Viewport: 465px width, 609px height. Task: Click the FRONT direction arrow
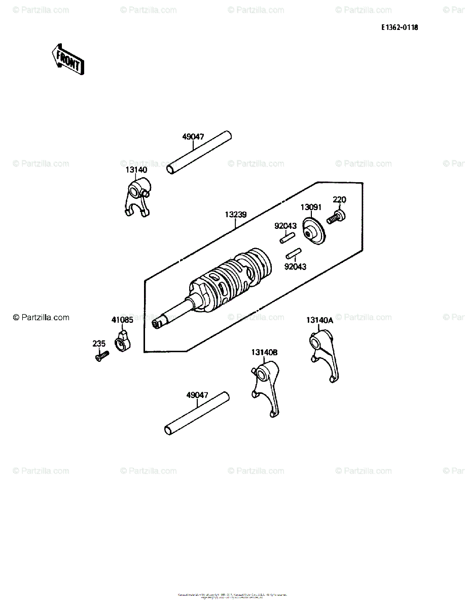point(67,59)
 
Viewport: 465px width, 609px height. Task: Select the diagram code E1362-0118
point(400,28)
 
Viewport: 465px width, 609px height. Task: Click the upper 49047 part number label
point(193,137)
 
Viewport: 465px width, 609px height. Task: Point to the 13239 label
point(236,215)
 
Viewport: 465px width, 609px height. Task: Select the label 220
point(339,199)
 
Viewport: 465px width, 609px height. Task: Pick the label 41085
point(122,320)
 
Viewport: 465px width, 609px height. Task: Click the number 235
point(99,344)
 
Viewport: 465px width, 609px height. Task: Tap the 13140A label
point(319,320)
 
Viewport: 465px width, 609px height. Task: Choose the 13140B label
point(264,352)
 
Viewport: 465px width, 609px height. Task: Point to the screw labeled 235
point(101,356)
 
